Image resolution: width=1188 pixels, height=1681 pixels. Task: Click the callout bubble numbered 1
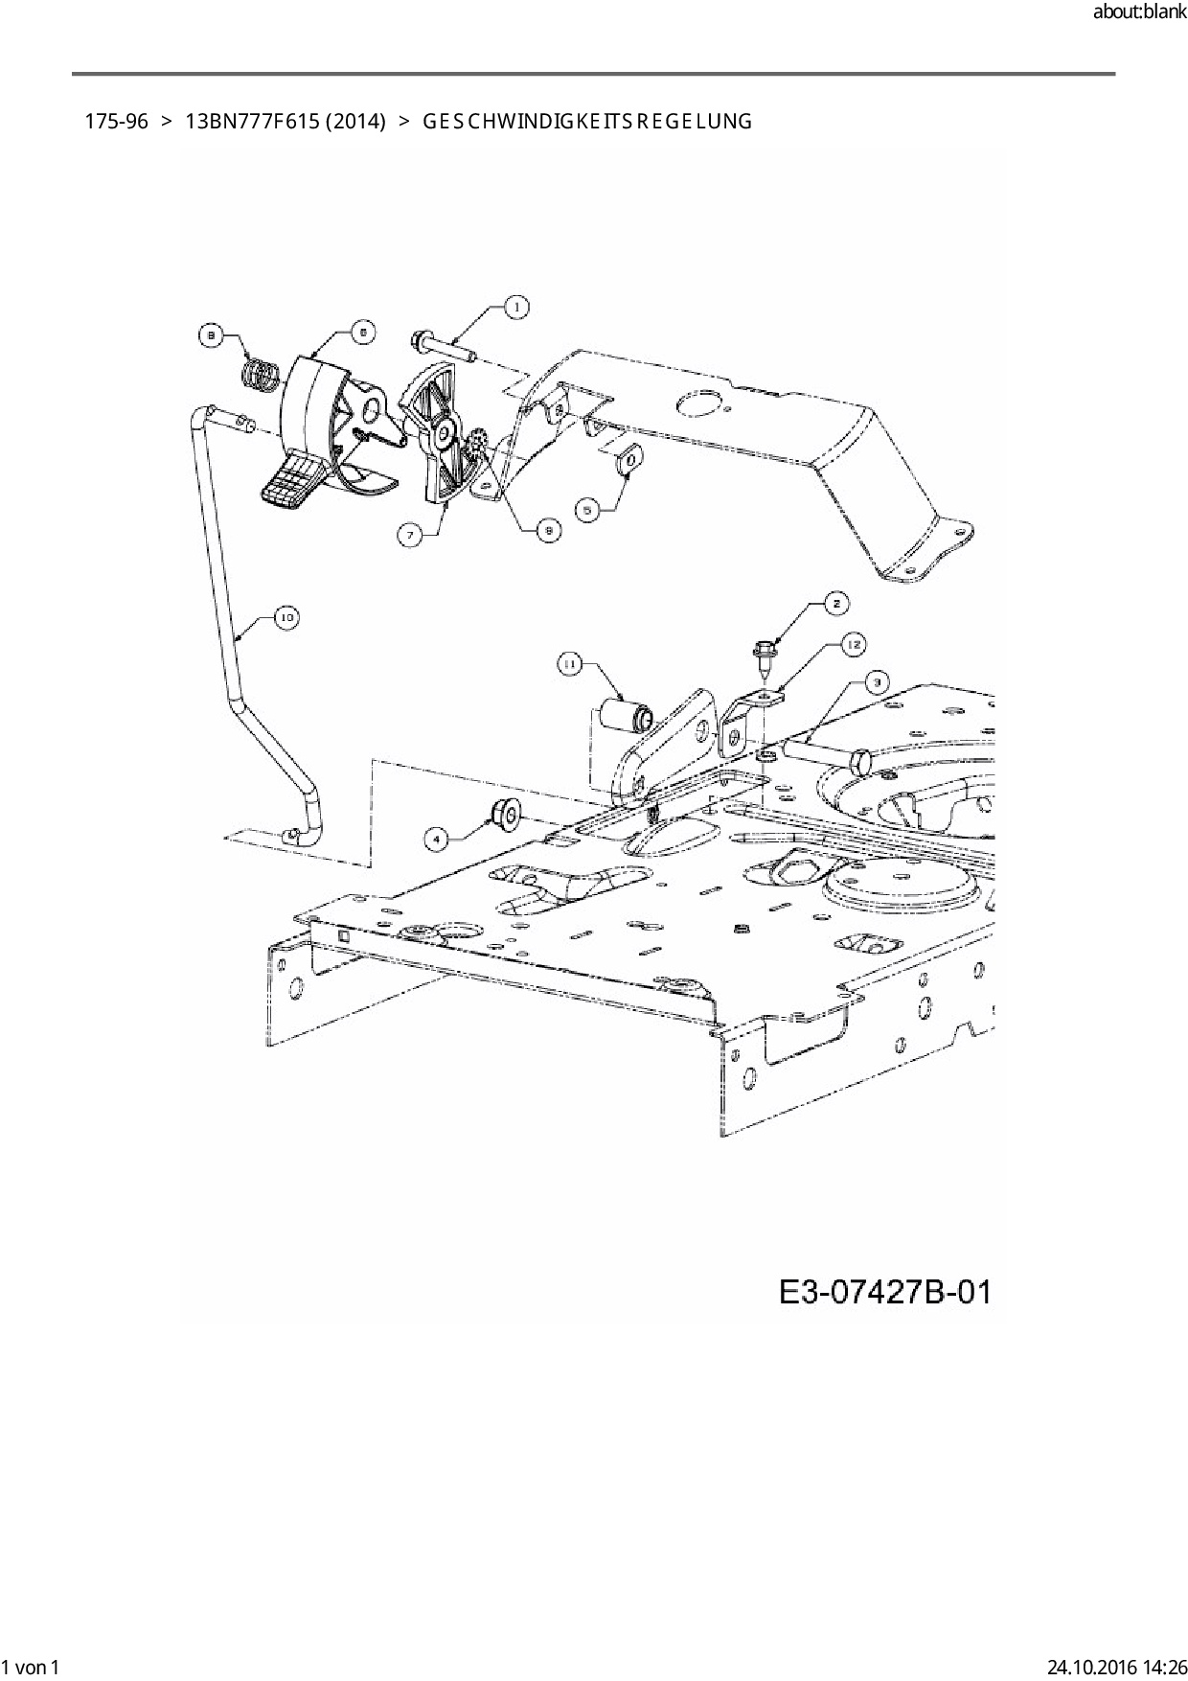[516, 307]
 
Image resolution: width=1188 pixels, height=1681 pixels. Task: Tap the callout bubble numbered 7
[411, 535]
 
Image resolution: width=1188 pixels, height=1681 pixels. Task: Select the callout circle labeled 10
[286, 617]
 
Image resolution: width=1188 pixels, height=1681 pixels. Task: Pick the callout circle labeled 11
[570, 664]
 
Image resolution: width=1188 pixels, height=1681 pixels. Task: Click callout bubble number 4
[437, 839]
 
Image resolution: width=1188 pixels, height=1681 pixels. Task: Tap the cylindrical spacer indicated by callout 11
[625, 716]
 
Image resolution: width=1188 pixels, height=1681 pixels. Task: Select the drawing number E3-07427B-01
[884, 1292]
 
